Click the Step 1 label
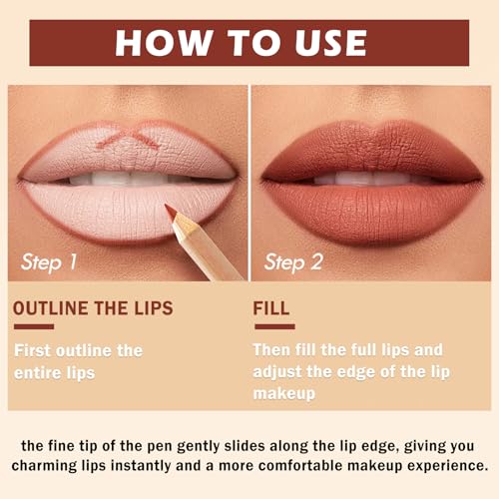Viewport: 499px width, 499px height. (x=49, y=262)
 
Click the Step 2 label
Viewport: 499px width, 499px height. (x=293, y=262)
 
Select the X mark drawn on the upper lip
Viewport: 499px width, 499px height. (x=128, y=137)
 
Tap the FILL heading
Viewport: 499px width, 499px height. (x=271, y=308)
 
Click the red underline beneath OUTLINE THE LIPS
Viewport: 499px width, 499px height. (x=34, y=326)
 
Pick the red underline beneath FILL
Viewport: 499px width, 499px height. (x=274, y=326)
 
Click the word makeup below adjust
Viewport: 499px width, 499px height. (x=284, y=394)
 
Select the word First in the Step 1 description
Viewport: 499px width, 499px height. (x=33, y=350)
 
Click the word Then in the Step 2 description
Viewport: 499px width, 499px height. (x=271, y=349)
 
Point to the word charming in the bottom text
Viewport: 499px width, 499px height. (x=44, y=466)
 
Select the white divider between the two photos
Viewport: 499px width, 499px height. (x=249, y=183)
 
